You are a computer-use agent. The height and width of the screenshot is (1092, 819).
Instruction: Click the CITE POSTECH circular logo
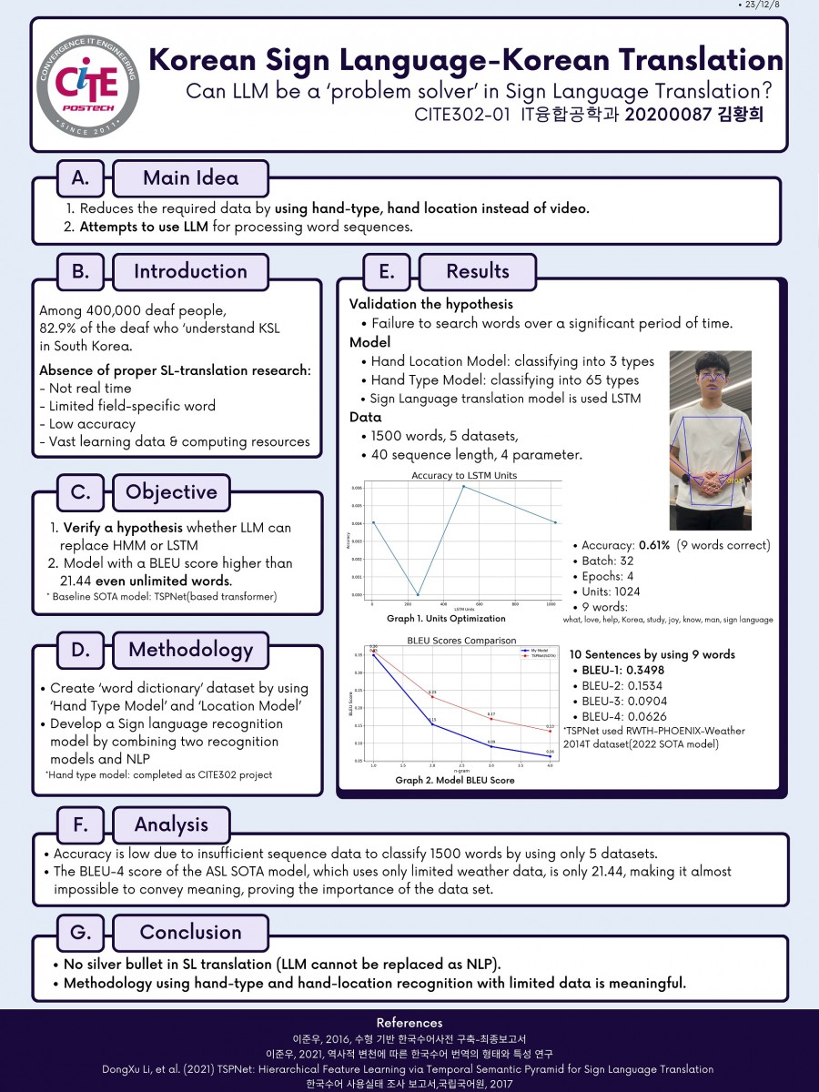pyautogui.click(x=87, y=84)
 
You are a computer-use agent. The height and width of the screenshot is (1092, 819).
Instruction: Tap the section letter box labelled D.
pyautogui.click(x=80, y=649)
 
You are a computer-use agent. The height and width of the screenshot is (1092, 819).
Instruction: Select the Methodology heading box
pyautogui.click(x=190, y=649)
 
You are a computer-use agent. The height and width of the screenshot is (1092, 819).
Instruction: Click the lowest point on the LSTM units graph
pyautogui.click(x=418, y=594)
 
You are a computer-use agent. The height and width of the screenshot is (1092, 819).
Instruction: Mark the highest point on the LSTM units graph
pyautogui.click(x=463, y=486)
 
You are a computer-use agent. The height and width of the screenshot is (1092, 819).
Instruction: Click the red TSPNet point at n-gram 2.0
pyautogui.click(x=432, y=696)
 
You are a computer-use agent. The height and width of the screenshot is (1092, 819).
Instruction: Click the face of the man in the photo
pyautogui.click(x=711, y=376)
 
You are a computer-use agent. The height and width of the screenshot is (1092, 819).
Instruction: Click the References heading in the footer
pyautogui.click(x=409, y=1023)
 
